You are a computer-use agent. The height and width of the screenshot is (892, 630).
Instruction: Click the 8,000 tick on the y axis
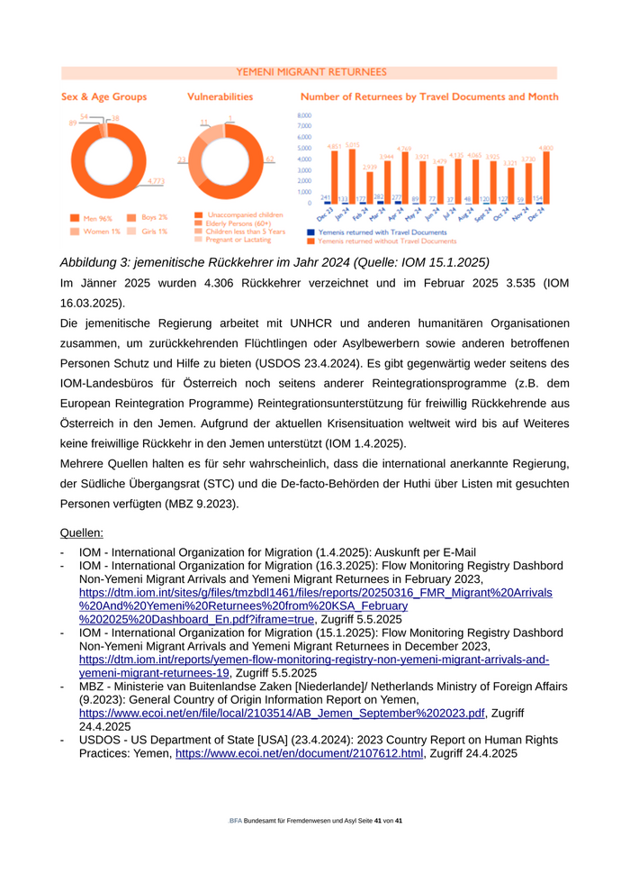(304, 115)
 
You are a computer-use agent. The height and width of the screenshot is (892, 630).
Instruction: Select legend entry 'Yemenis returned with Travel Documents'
(376, 232)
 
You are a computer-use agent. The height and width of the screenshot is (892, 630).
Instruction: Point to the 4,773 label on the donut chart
(155, 181)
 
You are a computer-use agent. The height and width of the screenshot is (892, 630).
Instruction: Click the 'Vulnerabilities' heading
(220, 96)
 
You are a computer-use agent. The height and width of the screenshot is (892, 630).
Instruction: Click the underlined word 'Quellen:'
(81, 532)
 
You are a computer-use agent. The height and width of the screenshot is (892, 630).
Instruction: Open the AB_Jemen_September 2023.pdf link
(282, 713)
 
